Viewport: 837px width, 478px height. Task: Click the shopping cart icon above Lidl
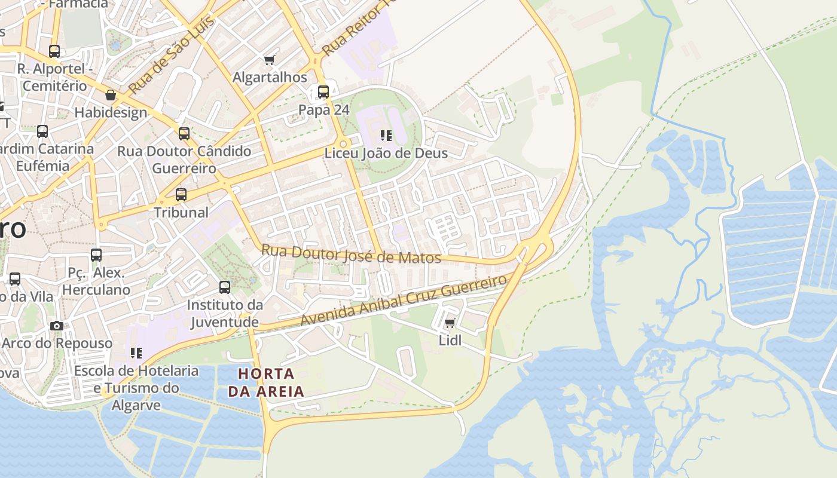(450, 323)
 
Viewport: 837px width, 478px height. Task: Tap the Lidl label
(450, 341)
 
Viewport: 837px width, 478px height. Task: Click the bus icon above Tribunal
(181, 195)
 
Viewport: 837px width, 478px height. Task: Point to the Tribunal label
(181, 212)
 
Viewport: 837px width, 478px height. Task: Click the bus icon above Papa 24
(323, 92)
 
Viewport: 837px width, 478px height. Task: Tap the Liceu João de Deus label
(386, 153)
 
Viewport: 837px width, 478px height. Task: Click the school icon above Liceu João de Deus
(386, 136)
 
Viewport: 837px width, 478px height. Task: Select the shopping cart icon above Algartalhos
(269, 60)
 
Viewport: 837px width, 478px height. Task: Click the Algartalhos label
(270, 77)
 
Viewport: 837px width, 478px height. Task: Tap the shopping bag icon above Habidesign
(111, 95)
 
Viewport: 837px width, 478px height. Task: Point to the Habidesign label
(111, 112)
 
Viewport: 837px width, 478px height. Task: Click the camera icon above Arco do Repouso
(57, 326)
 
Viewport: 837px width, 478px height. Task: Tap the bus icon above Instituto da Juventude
(225, 287)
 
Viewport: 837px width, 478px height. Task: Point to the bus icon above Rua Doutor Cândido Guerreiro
(184, 134)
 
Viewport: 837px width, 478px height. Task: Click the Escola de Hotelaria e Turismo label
(136, 388)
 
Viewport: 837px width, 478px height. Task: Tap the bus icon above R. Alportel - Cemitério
(54, 51)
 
